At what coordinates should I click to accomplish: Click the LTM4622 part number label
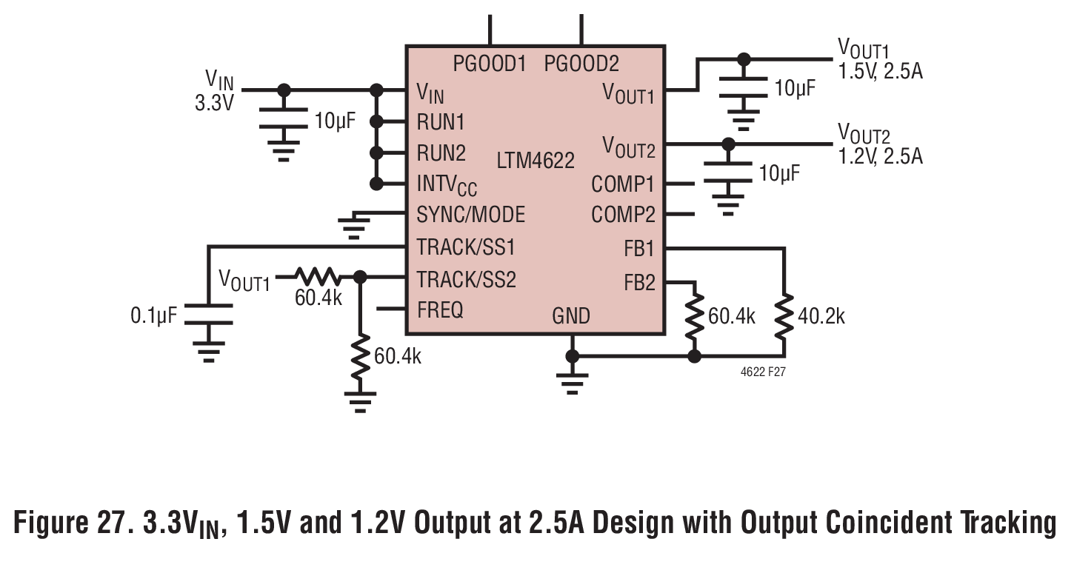(536, 160)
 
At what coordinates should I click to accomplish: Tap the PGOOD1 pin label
(490, 64)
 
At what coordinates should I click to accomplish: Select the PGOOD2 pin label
(581, 64)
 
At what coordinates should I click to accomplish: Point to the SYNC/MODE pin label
(471, 215)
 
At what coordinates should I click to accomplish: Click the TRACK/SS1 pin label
(466, 247)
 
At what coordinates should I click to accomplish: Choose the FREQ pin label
(440, 310)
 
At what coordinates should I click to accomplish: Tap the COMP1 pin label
(623, 184)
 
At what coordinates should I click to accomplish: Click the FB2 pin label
(639, 283)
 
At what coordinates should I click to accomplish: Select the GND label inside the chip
(571, 316)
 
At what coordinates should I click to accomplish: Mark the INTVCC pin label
(447, 185)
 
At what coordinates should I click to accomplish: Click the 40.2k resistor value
(821, 317)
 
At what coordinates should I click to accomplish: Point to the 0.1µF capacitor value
(154, 316)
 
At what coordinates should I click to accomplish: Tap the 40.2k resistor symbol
(784, 317)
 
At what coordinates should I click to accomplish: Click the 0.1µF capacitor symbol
(209, 314)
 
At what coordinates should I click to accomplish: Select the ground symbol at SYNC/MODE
(354, 225)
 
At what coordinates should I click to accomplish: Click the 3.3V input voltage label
(214, 103)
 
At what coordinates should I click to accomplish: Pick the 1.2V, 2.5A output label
(880, 157)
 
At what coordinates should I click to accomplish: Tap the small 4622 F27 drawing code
(763, 372)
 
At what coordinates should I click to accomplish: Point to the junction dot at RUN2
(377, 153)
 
